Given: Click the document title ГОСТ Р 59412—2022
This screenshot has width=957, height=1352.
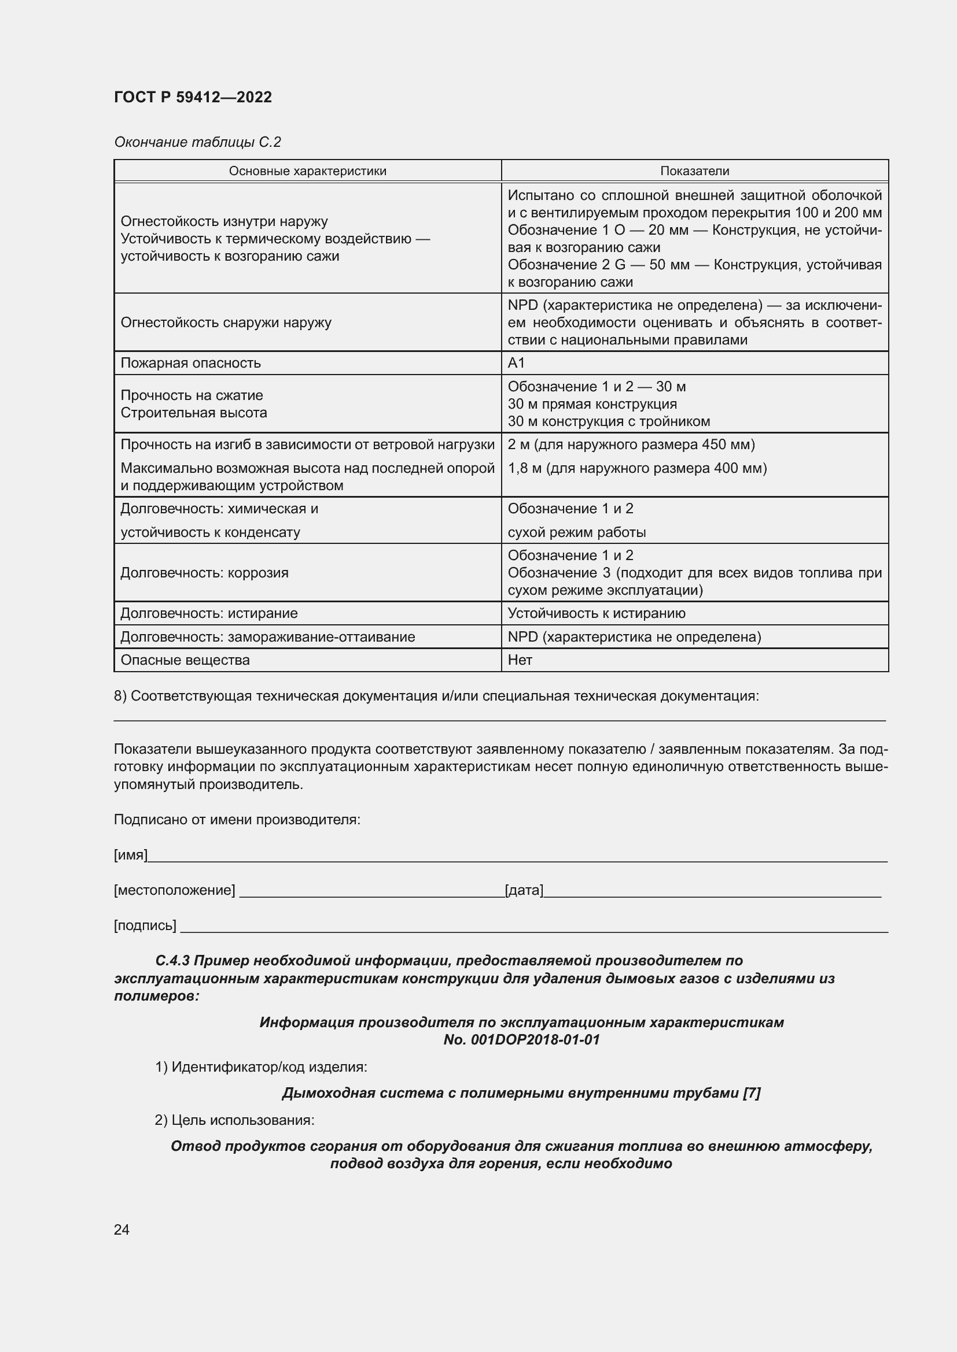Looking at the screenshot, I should click(193, 97).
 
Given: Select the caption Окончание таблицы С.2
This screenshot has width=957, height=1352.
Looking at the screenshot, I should click(197, 142).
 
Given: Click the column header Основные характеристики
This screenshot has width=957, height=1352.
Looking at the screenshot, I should click(308, 171).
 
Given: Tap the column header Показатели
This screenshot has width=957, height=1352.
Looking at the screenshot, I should click(694, 171).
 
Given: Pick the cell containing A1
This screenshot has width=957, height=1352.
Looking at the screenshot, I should click(516, 363).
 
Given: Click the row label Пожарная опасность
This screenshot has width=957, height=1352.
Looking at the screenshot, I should click(191, 363).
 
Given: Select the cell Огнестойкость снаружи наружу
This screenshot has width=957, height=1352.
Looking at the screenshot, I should click(226, 322).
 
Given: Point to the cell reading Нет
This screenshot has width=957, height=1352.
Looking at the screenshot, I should click(520, 660).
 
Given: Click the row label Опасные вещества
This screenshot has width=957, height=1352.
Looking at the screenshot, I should click(185, 660).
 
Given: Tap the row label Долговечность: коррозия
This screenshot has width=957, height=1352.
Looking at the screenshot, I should click(204, 572).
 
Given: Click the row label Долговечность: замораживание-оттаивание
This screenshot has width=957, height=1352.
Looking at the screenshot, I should click(267, 636).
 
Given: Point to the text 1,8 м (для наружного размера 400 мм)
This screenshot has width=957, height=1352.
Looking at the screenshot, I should click(637, 468).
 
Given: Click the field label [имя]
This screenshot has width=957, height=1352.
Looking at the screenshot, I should click(130, 854).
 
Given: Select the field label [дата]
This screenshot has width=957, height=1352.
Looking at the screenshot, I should click(524, 890).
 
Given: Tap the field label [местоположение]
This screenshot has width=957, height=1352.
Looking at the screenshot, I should click(174, 890).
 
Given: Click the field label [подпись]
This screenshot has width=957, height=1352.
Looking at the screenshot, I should click(145, 925).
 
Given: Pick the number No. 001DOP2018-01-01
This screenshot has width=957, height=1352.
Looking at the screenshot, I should click(521, 1039).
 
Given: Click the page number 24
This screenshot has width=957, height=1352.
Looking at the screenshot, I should click(122, 1229).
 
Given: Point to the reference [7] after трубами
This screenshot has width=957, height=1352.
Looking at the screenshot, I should click(752, 1093).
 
